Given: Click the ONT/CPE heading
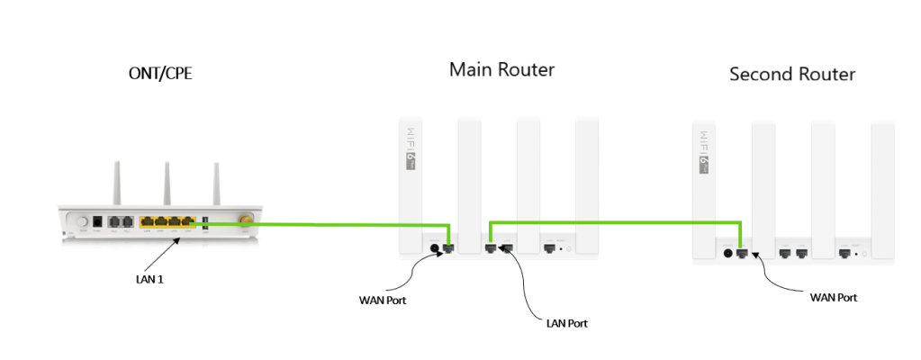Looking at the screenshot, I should point(161,74).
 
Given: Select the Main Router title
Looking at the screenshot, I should point(501,69).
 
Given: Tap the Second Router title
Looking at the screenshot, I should point(791,74).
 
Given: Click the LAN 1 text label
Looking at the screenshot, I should point(143,279).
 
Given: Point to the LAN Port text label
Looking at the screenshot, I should point(567,321).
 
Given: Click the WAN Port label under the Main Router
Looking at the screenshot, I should point(383,300).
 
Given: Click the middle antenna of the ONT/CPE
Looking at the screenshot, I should point(167,184).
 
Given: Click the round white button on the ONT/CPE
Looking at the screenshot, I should point(84,221).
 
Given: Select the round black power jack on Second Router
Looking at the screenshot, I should point(727,253).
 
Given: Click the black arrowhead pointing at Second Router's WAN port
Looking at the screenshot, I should point(757,256).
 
